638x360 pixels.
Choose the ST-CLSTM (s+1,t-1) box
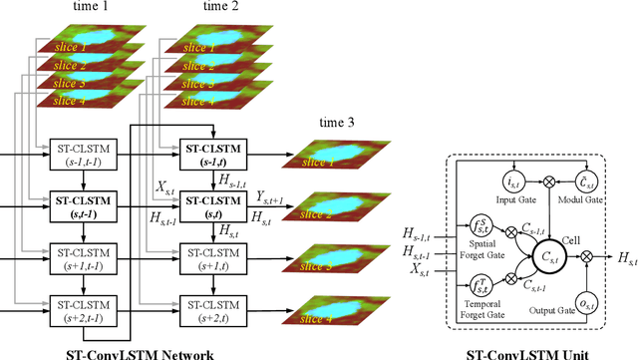click(x=83, y=258)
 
